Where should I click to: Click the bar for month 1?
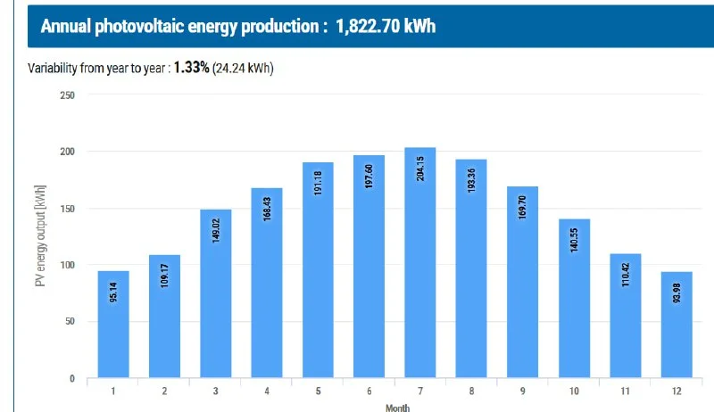[x=113, y=325]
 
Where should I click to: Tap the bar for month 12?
[x=677, y=325]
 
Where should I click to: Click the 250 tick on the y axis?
[x=67, y=95]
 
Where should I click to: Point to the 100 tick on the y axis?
[x=67, y=266]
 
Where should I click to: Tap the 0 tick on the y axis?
[x=71, y=379]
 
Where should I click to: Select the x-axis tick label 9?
[x=523, y=390]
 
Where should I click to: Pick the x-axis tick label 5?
[x=318, y=390]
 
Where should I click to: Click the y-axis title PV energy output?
[x=39, y=236]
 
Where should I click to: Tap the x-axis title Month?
[x=398, y=407]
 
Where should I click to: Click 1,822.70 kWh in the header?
[x=386, y=26]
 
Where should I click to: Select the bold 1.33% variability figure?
[x=191, y=69]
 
